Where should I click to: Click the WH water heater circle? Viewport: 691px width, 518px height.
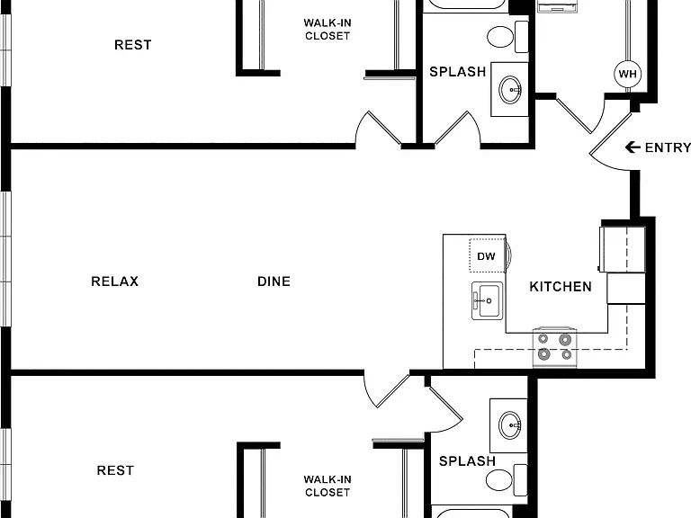(x=627, y=74)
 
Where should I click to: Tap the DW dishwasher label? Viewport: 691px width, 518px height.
(x=486, y=256)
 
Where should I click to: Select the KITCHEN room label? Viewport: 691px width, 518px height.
(x=561, y=287)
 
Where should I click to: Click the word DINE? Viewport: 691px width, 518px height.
(x=274, y=281)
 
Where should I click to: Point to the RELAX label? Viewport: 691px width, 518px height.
(x=114, y=281)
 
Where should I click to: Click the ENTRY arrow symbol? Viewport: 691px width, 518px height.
(x=633, y=147)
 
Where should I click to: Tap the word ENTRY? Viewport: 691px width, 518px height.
(x=668, y=147)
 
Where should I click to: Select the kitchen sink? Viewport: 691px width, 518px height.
(x=487, y=301)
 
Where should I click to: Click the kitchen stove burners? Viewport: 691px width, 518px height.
(x=555, y=346)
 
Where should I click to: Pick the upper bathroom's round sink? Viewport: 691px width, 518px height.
(x=510, y=89)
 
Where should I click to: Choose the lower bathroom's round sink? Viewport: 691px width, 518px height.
(x=510, y=425)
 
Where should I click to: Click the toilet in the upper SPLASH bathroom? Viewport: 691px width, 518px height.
(x=507, y=36)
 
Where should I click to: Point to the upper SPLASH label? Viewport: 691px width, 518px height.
(x=457, y=72)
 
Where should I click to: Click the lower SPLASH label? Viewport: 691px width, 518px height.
(x=467, y=461)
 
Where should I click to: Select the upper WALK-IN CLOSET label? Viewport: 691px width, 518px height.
(x=328, y=29)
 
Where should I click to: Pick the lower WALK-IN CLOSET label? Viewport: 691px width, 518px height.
(x=328, y=486)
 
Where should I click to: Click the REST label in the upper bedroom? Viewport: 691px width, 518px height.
(x=132, y=45)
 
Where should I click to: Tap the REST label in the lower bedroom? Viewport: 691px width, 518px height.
(x=115, y=470)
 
